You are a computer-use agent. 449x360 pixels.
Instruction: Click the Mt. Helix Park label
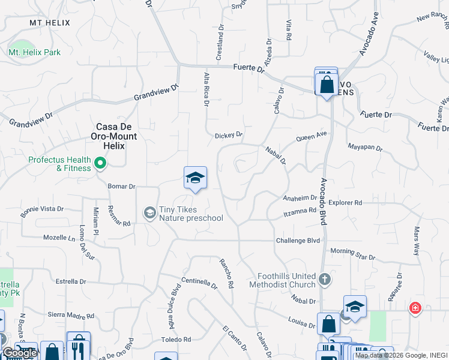point(34,53)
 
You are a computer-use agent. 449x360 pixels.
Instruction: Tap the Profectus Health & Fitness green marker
point(100,162)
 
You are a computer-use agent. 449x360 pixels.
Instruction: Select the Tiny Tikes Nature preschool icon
point(149,212)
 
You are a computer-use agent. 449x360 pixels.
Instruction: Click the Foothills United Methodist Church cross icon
point(324,279)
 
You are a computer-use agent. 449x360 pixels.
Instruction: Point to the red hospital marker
point(414,308)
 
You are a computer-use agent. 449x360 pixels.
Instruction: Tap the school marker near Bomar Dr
point(195,178)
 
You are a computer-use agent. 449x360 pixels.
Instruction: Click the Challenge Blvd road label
point(298,241)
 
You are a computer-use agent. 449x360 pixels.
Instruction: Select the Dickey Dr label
point(228,136)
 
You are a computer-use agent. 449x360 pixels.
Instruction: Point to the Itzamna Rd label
point(300,211)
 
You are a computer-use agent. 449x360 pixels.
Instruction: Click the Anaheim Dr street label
point(300,198)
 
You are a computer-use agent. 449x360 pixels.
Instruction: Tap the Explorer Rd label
point(345,203)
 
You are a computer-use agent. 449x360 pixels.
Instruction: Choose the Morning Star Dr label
point(352,254)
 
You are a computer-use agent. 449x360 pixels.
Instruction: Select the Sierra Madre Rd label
point(71,316)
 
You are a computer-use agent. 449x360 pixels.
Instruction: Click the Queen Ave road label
point(311,137)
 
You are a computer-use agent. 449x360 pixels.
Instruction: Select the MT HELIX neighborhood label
point(50,23)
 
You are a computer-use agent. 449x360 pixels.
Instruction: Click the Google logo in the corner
point(19,353)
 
